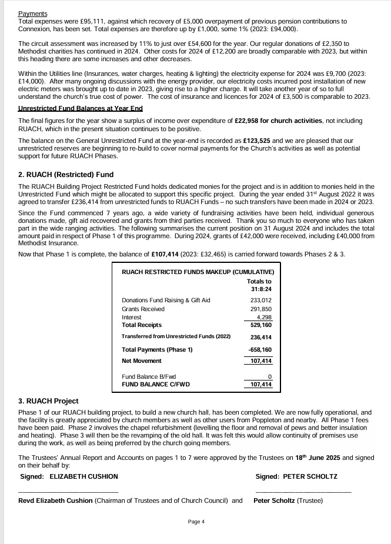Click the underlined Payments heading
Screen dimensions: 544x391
(33, 13)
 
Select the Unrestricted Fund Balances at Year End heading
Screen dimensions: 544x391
(81, 108)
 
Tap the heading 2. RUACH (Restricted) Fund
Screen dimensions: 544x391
(66, 174)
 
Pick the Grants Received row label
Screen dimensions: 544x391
(143, 309)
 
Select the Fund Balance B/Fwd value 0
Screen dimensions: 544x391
(269, 376)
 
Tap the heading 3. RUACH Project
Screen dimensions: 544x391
(48, 401)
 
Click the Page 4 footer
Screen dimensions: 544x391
(196, 521)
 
